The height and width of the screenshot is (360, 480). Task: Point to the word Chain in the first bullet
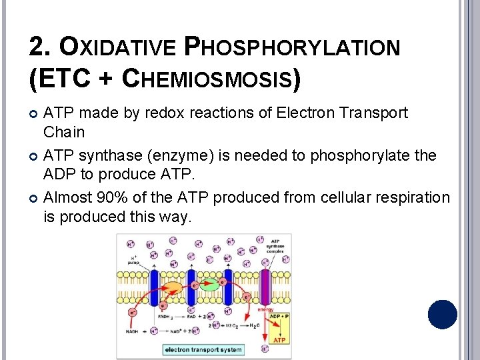click(64, 132)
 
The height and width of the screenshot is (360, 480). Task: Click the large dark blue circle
click(443, 315)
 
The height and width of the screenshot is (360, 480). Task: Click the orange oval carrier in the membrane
click(172, 289)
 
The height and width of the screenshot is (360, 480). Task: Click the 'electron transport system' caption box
click(203, 349)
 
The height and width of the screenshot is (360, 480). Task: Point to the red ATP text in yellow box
click(279, 339)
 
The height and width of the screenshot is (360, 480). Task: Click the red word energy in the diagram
click(265, 309)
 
